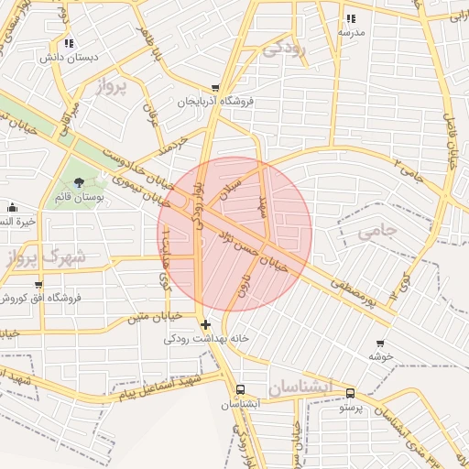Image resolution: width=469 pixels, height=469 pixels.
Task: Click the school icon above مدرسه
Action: pos(351,18)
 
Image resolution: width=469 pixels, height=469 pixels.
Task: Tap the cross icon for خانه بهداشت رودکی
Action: pos(205,324)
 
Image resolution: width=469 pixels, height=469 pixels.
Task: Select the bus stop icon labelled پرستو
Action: pos(350,394)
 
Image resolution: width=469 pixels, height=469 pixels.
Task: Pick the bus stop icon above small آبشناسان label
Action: pos(241,388)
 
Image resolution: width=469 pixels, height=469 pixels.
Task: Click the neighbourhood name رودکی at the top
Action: pos(285,49)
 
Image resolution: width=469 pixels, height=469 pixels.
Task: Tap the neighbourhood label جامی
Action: pos(376,233)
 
